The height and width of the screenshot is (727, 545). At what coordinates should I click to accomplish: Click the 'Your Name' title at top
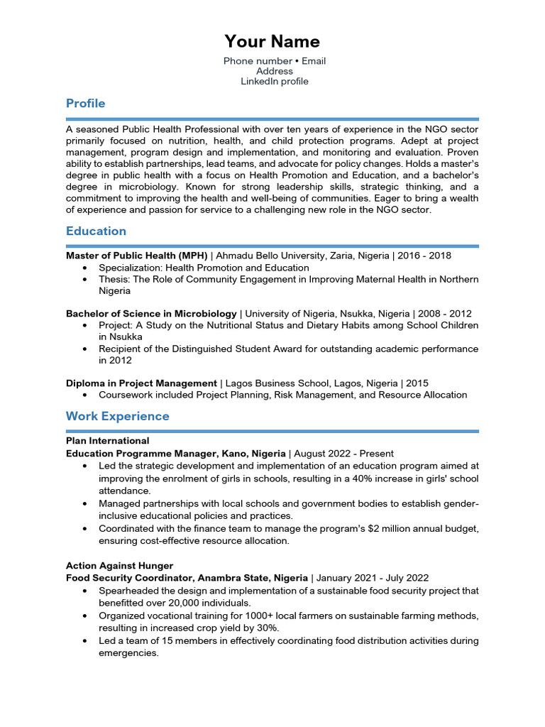tap(272, 41)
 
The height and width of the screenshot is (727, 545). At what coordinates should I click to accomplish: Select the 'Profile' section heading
tap(85, 104)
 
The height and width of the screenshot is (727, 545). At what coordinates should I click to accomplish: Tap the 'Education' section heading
tap(96, 231)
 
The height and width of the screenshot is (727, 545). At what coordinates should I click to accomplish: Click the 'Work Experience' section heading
tap(117, 416)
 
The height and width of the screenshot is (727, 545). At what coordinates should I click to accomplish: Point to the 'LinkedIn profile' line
tap(275, 82)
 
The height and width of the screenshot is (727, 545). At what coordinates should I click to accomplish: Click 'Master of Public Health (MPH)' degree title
tap(136, 256)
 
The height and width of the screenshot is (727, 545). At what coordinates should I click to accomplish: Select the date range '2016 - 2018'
tap(424, 256)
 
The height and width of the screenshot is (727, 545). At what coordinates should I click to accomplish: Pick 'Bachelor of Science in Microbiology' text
tap(151, 313)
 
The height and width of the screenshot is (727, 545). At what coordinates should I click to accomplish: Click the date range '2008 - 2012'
tap(444, 313)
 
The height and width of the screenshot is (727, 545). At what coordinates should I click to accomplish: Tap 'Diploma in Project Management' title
tap(141, 383)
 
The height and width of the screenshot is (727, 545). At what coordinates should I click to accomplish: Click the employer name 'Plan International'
tap(107, 441)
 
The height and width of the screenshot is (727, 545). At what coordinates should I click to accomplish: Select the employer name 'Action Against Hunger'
tap(119, 566)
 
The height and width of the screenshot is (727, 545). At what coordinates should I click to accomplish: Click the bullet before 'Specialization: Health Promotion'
tap(85, 268)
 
